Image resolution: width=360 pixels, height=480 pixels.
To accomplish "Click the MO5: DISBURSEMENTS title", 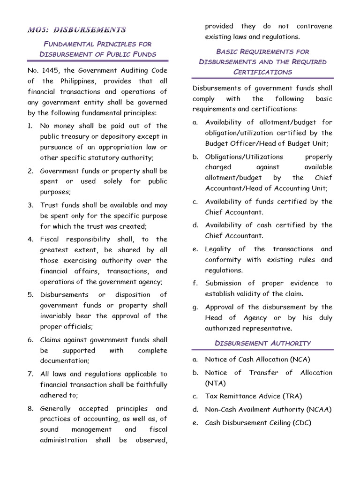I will pyautogui.click(x=76, y=30).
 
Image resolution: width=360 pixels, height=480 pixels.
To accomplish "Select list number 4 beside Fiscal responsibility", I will pyautogui.click(x=30, y=239).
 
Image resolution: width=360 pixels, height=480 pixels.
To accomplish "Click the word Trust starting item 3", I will pyautogui.click(x=49, y=205).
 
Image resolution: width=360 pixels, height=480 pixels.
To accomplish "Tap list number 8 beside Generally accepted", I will pyautogui.click(x=30, y=408).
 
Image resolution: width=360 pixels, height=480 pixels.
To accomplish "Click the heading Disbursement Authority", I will pyautogui.click(x=262, y=343).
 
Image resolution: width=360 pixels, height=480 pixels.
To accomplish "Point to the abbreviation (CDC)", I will pyautogui.click(x=301, y=422).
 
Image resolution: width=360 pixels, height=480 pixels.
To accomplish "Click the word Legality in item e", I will pyautogui.click(x=219, y=249).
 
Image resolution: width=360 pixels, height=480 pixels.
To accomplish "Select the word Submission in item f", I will pyautogui.click(x=223, y=283).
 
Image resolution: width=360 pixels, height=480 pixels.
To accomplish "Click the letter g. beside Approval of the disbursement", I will pyautogui.click(x=195, y=307).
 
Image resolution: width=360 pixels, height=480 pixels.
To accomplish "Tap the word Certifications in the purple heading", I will pyautogui.click(x=262, y=72).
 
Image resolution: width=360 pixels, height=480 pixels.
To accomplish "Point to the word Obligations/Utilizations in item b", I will pyautogui.click(x=244, y=157).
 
